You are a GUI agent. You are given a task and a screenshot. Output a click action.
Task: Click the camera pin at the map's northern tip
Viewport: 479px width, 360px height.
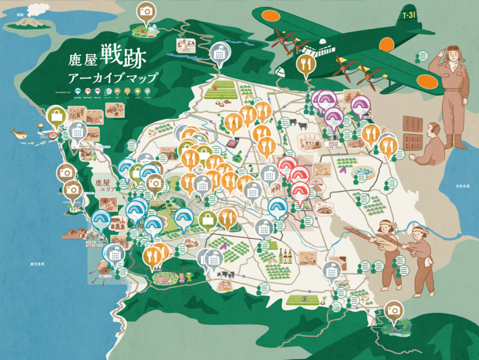147,12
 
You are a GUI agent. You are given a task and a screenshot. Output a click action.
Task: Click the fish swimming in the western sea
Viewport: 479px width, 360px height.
20,134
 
